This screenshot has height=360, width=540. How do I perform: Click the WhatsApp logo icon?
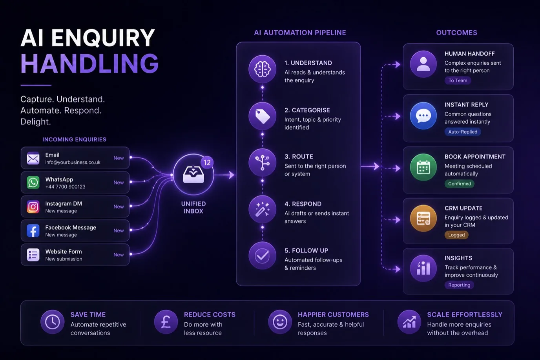[33, 182]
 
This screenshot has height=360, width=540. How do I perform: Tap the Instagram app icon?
[33, 206]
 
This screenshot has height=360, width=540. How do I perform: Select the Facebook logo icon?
[33, 230]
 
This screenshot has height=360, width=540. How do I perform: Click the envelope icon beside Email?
[33, 158]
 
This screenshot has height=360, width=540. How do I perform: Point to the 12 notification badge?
[207, 163]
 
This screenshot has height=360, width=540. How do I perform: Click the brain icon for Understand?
[262, 69]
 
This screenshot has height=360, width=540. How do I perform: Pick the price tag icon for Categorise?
[262, 116]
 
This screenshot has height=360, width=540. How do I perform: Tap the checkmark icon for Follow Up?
[262, 256]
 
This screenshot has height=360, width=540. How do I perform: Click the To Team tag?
[458, 80]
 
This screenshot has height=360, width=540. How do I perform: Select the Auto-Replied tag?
[463, 132]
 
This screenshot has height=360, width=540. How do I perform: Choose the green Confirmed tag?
[459, 184]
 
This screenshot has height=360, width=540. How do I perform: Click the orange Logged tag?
[456, 235]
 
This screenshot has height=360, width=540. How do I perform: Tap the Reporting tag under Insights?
[459, 285]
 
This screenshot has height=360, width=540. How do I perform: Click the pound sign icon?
[166, 322]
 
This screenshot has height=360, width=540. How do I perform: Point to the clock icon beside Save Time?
[52, 322]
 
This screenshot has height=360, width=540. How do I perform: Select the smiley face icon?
[280, 322]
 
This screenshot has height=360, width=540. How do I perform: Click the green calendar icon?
[423, 167]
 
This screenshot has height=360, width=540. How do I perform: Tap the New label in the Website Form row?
[119, 255]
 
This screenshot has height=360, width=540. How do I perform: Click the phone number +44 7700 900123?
[65, 187]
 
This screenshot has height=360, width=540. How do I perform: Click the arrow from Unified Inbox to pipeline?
[224, 175]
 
